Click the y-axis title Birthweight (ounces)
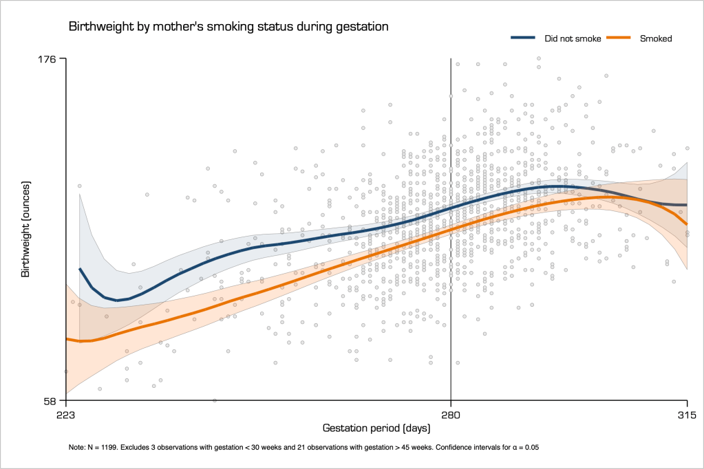click(x=25, y=229)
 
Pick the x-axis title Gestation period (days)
click(x=376, y=428)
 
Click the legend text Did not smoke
click(x=573, y=39)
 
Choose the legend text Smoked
click(x=656, y=39)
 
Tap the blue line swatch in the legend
click(x=525, y=39)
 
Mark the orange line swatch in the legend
click(x=621, y=39)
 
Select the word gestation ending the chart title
click(x=365, y=27)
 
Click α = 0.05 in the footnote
click(x=521, y=448)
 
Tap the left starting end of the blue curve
click(x=80, y=269)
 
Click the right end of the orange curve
click(x=687, y=224)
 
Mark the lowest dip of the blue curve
click(x=117, y=300)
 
